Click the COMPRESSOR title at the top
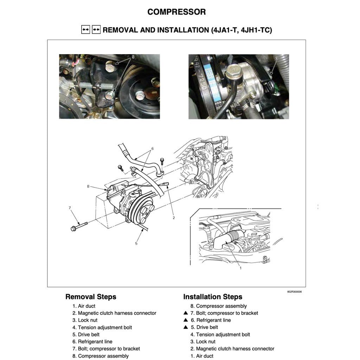(x=176, y=12)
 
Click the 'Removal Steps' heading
(x=91, y=297)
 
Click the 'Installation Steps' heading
(x=213, y=297)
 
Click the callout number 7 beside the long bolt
(x=70, y=208)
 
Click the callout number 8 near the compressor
(x=88, y=186)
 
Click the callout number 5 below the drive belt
(x=136, y=243)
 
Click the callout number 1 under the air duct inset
(x=240, y=268)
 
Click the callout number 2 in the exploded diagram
(x=173, y=218)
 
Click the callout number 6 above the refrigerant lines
(x=153, y=148)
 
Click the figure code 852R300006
(x=295, y=292)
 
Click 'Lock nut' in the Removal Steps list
(x=88, y=320)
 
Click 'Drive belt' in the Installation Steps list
(x=207, y=327)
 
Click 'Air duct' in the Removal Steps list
(x=86, y=306)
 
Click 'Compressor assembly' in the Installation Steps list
(x=221, y=306)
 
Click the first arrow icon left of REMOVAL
(x=85, y=30)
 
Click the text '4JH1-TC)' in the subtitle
(x=256, y=30)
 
